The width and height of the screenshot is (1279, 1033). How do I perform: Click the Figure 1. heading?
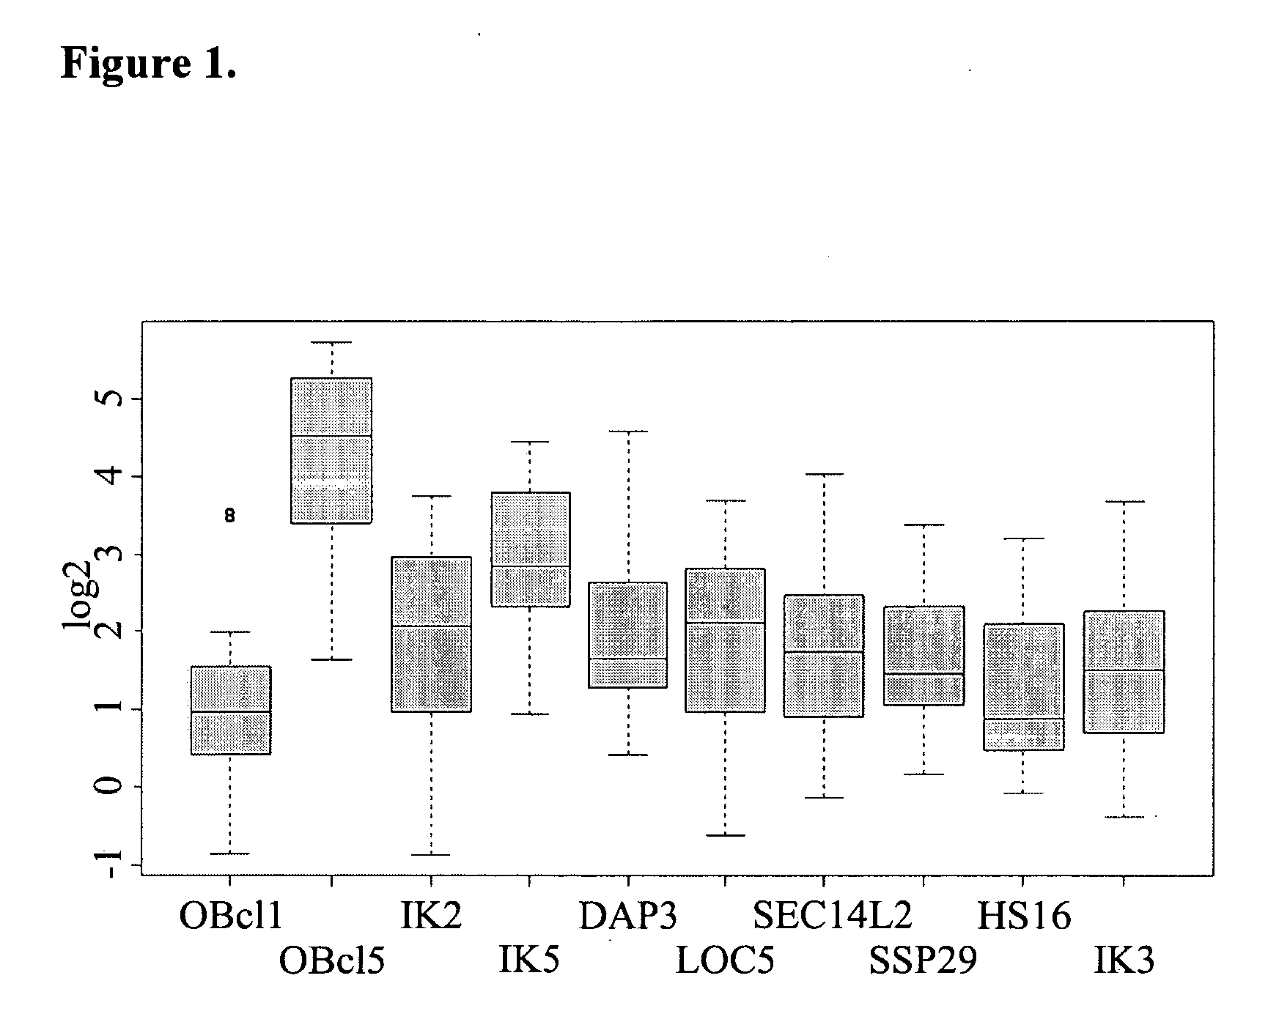(x=149, y=64)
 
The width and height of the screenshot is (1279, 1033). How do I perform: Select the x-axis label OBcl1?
(x=230, y=917)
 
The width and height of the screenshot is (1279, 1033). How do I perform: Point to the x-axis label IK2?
(x=431, y=917)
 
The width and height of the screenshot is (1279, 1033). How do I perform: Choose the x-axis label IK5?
(x=528, y=960)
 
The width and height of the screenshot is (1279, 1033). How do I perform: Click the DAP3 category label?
(x=628, y=917)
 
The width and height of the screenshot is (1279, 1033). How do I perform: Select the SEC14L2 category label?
(x=832, y=917)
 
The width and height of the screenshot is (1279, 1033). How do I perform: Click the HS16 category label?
(x=1023, y=917)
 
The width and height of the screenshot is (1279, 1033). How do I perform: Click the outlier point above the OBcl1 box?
(x=229, y=516)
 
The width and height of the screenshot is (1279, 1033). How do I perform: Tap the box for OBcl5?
(x=332, y=450)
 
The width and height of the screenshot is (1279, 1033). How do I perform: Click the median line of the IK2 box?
(x=431, y=626)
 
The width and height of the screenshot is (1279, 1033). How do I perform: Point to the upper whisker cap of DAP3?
(x=628, y=432)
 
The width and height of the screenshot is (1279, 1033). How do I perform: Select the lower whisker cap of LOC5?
(x=726, y=835)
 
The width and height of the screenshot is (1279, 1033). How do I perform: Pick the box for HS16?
(x=1023, y=686)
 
